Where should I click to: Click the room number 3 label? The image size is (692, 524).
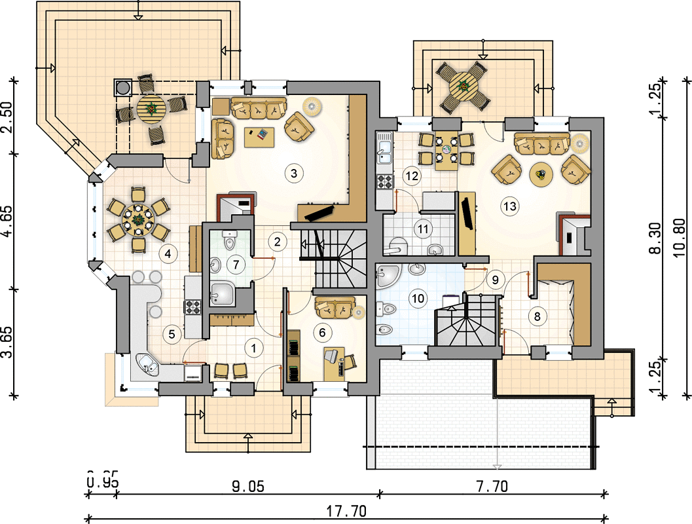[294, 173]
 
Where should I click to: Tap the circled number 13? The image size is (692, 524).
[510, 206]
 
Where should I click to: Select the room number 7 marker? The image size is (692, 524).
[236, 265]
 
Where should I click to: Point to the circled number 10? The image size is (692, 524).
[418, 299]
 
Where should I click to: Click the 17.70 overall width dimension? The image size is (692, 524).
[346, 511]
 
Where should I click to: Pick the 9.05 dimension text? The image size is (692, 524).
[248, 487]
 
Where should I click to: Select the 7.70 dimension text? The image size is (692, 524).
[492, 487]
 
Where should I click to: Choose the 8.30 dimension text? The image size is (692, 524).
[655, 238]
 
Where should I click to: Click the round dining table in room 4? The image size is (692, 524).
[138, 219]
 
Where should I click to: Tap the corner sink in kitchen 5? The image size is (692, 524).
[147, 364]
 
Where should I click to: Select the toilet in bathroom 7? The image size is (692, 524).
[229, 240]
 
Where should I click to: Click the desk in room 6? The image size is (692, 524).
[335, 364]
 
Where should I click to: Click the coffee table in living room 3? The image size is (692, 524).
[259, 137]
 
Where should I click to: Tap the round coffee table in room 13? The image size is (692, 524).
[541, 175]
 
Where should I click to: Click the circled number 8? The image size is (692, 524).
[537, 316]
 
